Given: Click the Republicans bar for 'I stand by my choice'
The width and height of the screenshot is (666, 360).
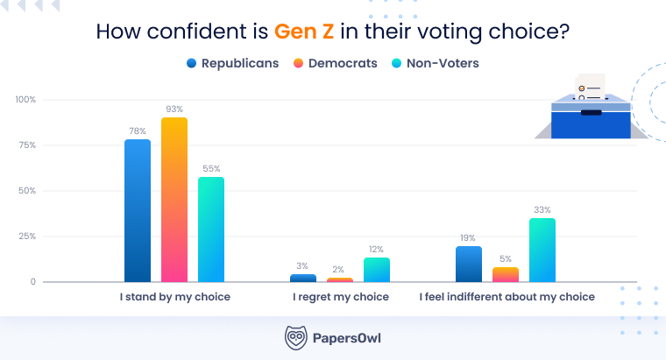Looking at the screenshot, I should [138, 210].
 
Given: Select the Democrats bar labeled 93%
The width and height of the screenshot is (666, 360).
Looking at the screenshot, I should [174, 200].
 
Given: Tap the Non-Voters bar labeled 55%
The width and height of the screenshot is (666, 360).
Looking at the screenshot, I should [211, 229].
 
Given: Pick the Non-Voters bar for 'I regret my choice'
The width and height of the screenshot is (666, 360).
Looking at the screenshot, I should [377, 270].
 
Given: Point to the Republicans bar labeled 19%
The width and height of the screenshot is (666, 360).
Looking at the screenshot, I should [469, 264].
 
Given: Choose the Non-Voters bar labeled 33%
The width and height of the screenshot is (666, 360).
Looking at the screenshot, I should [542, 250].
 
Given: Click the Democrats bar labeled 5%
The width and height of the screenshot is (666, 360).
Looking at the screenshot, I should [506, 275].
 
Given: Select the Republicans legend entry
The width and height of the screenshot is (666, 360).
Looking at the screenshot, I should [232, 63].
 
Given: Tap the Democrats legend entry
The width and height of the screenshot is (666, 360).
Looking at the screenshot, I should [337, 63].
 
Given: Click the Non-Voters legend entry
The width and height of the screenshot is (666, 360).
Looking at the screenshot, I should [435, 63].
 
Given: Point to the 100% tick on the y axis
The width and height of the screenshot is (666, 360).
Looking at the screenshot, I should [25, 100].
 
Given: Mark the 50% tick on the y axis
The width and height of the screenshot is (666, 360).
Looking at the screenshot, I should [27, 191].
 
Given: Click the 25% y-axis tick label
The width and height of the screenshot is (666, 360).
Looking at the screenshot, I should [27, 236].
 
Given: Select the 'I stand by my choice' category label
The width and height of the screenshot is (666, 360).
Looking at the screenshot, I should [175, 297].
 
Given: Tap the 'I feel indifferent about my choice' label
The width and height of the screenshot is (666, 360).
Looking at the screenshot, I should [507, 297].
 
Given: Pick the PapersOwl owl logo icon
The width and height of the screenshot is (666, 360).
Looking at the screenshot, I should [296, 337].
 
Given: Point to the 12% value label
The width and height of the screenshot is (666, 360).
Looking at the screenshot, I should [377, 250].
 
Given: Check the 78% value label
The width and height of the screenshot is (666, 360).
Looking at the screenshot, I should [138, 131].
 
